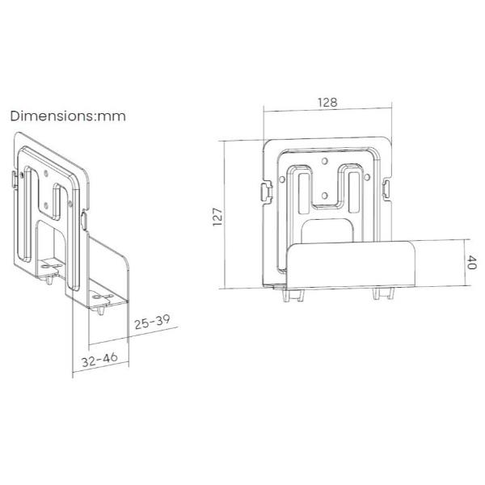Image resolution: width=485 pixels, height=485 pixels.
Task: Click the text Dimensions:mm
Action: coord(68,116)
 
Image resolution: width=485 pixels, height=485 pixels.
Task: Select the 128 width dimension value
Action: coord(327,103)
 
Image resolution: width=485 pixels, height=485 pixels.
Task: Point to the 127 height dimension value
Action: coord(217,217)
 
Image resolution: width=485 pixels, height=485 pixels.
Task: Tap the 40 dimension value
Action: coord(472,262)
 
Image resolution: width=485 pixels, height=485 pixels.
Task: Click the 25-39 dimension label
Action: coord(152,322)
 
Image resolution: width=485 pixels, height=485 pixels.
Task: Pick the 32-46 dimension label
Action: coord(99,360)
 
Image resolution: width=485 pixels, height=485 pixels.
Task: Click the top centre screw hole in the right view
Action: coord(324,161)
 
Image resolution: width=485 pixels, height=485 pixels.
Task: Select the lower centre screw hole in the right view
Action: coord(324,196)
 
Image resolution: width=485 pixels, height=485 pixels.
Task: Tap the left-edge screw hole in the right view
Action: coord(282,179)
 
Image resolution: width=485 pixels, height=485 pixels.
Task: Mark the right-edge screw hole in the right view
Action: coord(367,178)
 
